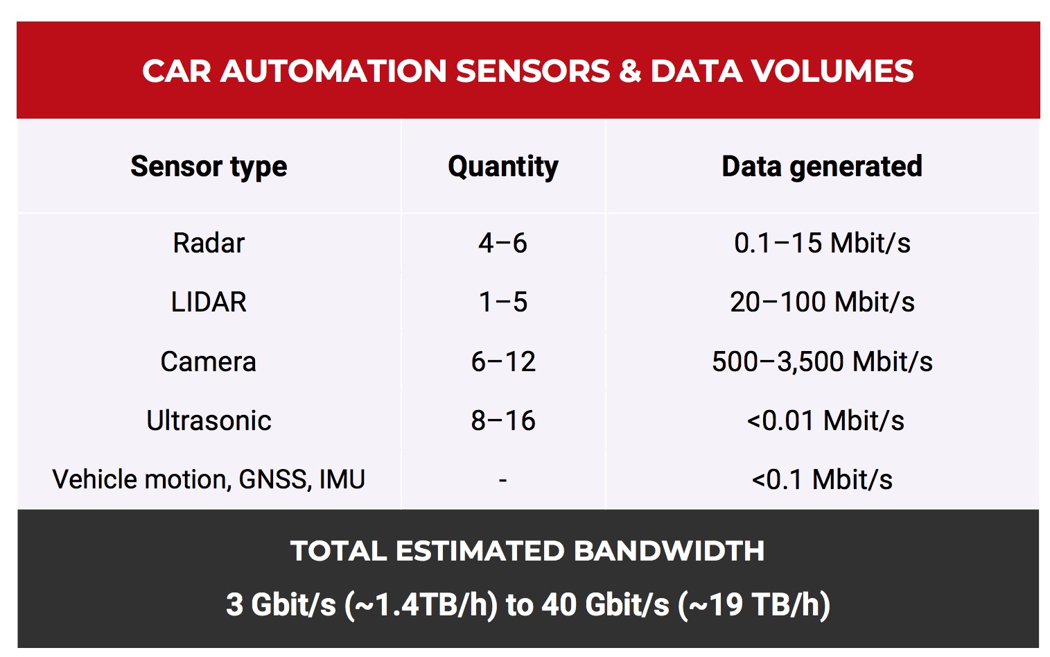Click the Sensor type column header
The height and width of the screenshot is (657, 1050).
coord(209,167)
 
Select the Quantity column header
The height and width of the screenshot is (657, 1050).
coord(502,167)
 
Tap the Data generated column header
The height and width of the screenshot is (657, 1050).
coord(821,167)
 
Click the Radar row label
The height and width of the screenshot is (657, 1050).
coord(209,244)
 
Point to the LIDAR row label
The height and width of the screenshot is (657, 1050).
coord(209,302)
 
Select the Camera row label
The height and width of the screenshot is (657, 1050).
coord(209,362)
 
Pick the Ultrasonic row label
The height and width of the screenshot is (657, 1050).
coord(209,421)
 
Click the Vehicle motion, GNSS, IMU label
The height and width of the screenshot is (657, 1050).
coord(209,480)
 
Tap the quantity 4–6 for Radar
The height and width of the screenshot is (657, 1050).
coord(502,244)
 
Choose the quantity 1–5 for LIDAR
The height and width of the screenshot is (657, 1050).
coord(502,302)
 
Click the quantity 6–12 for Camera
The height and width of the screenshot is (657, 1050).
coord(502,362)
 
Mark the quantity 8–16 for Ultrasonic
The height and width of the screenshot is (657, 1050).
coord(502,421)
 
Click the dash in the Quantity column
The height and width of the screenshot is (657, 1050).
coord(502,480)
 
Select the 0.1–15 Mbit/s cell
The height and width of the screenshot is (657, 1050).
coord(822,244)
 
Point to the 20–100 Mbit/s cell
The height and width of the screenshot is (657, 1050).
coord(822,302)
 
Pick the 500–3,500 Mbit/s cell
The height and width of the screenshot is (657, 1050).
coord(822,362)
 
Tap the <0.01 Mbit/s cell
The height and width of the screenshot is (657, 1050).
coord(825,421)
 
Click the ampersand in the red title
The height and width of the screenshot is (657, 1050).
coord(630,71)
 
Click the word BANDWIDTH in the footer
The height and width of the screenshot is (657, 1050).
coord(669,552)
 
